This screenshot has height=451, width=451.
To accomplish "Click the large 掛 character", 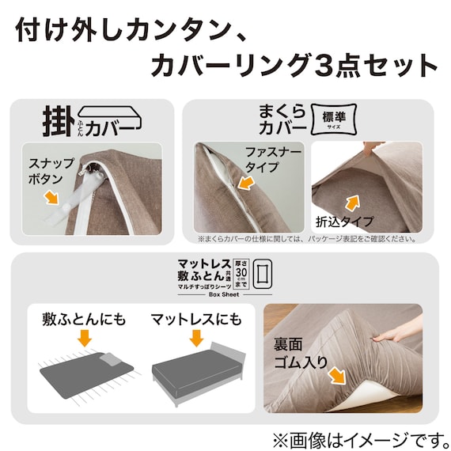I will [56, 121].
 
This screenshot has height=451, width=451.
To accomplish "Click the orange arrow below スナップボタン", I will [53, 196].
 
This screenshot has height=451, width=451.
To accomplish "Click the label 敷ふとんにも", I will [84, 320].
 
